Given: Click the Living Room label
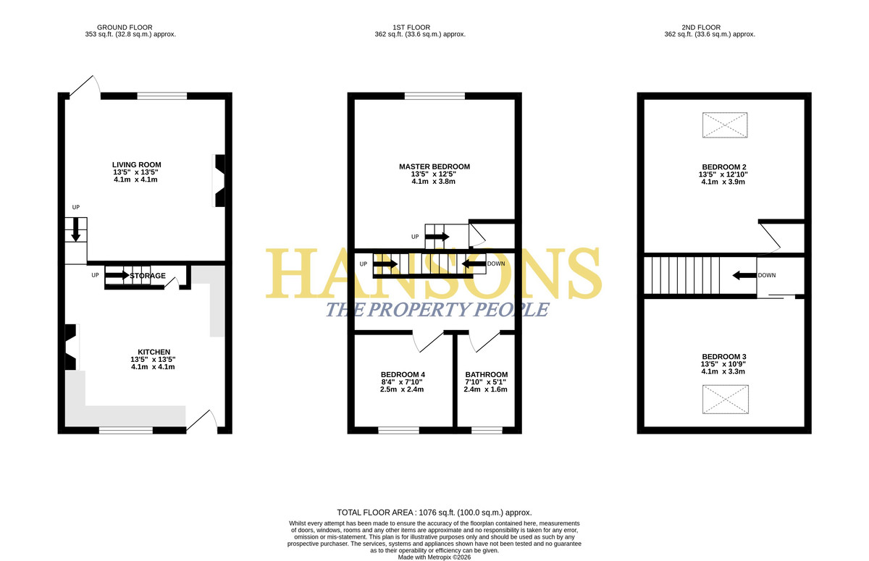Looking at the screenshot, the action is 137,165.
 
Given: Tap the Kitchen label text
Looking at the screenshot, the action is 154,352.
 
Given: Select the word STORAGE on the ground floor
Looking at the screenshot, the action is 148,276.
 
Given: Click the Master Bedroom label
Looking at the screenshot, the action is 434,166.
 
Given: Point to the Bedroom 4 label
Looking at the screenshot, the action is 403,374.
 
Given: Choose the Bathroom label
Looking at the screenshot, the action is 487,374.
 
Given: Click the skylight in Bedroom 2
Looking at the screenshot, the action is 725,125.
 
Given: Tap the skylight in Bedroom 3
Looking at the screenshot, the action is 725,399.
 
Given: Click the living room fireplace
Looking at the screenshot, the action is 219,181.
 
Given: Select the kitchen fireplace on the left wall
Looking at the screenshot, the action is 72,347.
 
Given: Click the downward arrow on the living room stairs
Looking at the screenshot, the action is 75,230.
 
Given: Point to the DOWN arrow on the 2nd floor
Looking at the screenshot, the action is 744,275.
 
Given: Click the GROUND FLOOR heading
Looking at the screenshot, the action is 125,28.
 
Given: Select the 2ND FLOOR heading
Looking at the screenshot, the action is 701,28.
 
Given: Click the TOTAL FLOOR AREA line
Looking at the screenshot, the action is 434,513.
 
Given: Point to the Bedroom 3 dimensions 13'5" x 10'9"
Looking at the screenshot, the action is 723,364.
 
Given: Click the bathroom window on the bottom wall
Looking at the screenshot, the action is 487,430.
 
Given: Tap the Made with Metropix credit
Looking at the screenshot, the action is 434,557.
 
